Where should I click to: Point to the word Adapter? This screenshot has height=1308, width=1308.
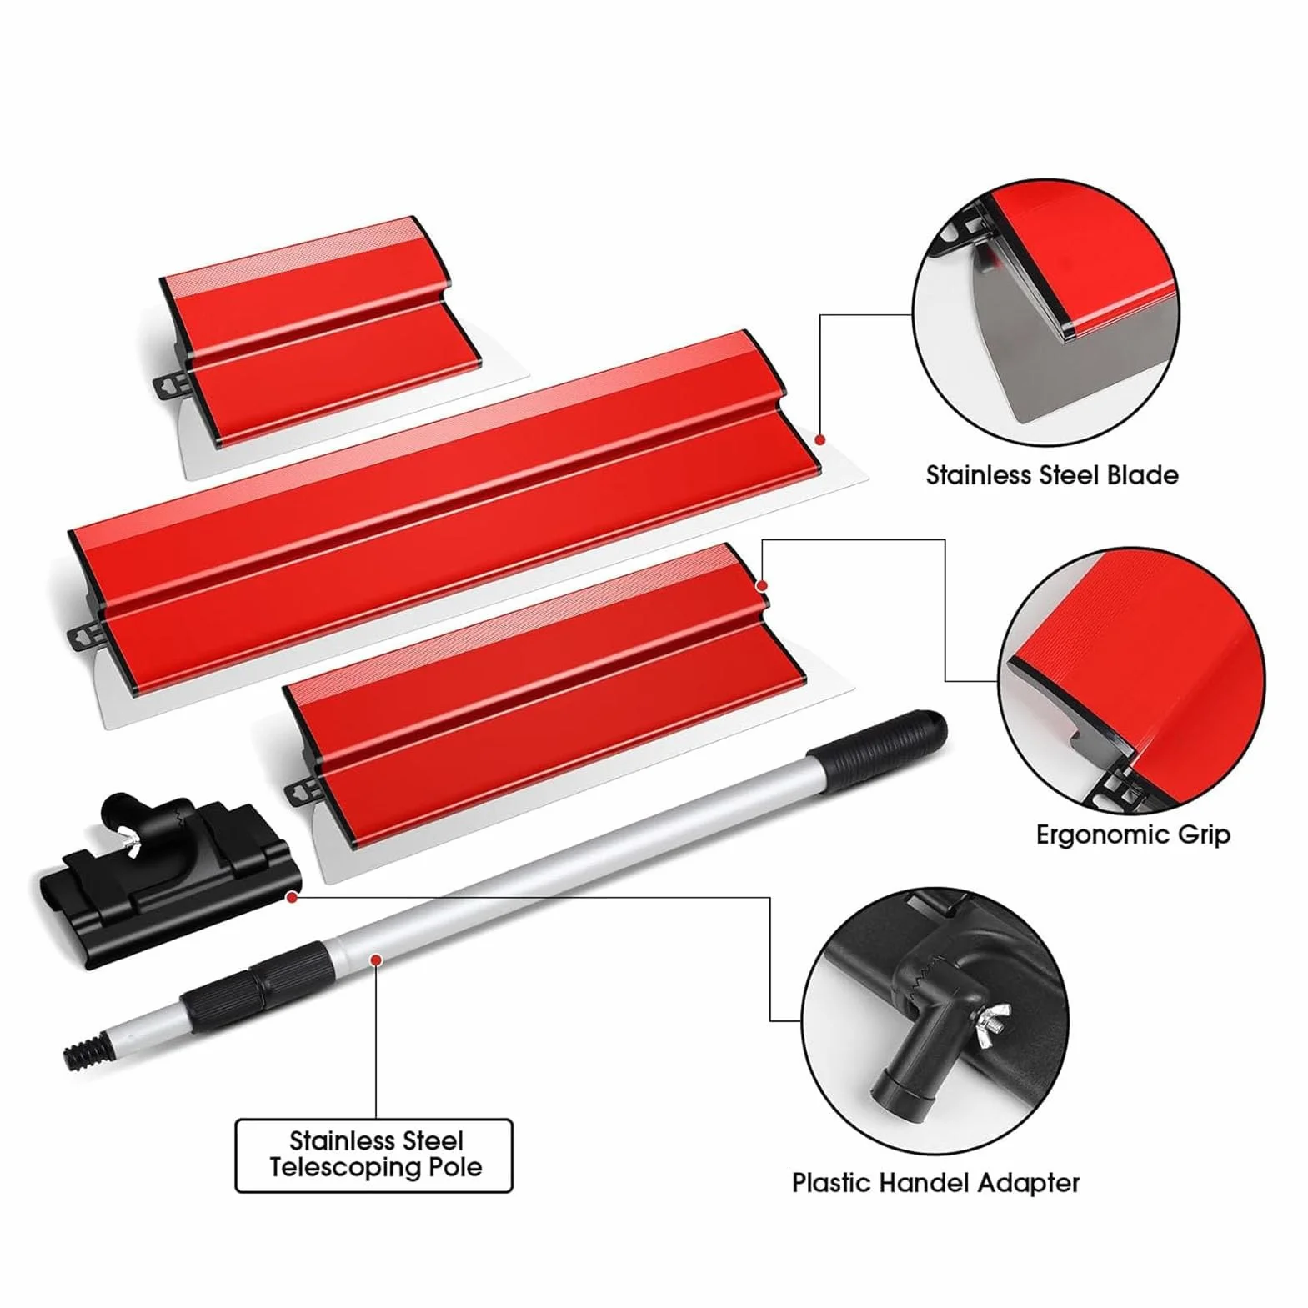(1029, 1184)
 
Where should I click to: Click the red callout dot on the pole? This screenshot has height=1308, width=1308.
(377, 960)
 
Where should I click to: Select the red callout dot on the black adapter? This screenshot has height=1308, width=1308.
(291, 897)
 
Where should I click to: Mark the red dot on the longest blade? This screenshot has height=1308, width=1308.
(820, 439)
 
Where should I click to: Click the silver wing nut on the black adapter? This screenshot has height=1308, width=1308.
(130, 847)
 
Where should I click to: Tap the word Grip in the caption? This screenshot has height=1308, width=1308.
(1202, 836)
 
